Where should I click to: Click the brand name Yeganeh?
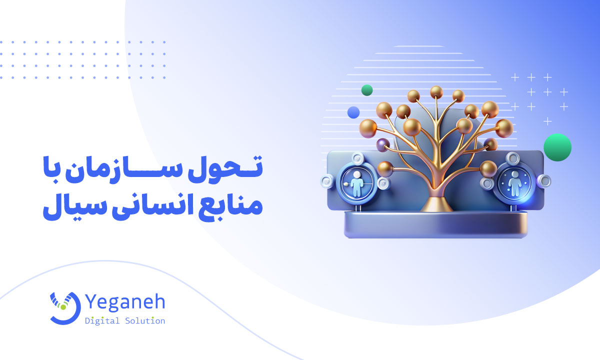click(x=124, y=301)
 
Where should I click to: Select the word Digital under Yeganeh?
click(x=102, y=320)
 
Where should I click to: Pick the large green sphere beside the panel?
click(x=557, y=147)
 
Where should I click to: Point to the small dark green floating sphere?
click(x=367, y=90)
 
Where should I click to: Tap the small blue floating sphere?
click(x=353, y=112)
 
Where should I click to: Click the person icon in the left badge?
click(x=356, y=183)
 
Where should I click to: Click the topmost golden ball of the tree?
click(x=436, y=91)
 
